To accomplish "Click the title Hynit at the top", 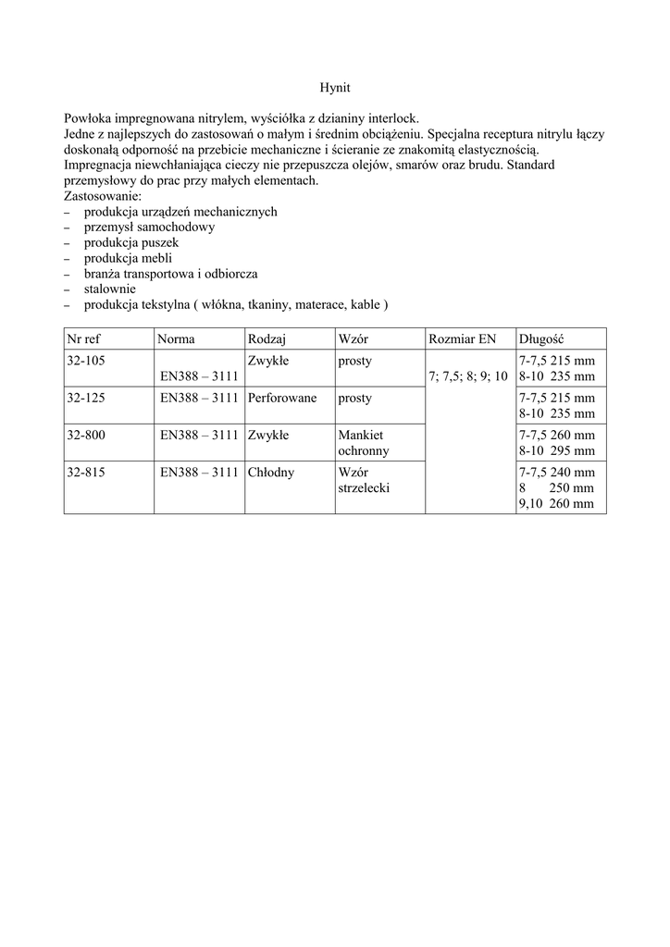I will [x=334, y=88].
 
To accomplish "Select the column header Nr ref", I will [x=84, y=338].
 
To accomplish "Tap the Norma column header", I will [x=176, y=338].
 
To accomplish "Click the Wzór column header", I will [x=354, y=338].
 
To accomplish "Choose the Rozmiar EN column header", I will [x=463, y=338].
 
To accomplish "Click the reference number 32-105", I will [x=86, y=361].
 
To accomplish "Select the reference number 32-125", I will [x=86, y=398].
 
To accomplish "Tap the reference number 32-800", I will [x=86, y=435].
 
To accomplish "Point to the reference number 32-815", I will [x=86, y=472].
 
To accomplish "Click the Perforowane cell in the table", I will [x=282, y=398].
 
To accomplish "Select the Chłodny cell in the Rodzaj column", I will [x=271, y=472].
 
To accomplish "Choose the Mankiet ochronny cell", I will [x=364, y=443].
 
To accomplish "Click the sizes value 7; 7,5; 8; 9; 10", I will [x=468, y=376].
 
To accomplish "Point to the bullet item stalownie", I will [x=111, y=289].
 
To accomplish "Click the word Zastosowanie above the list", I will [x=103, y=196].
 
